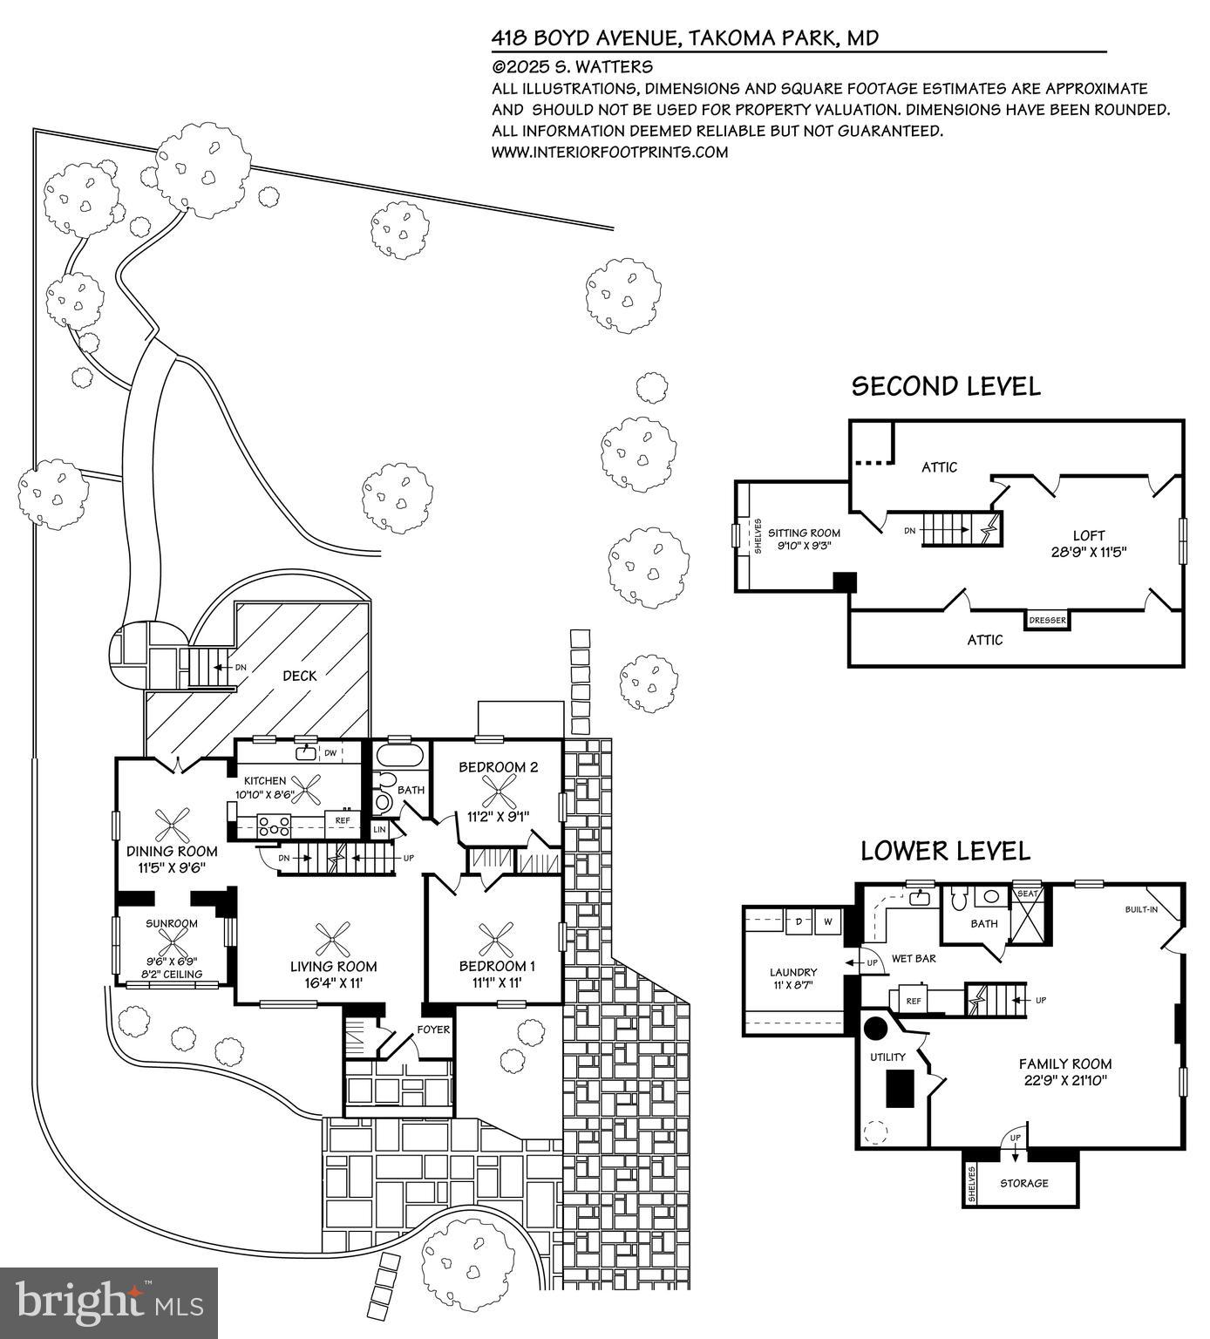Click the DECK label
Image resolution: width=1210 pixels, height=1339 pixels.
pyautogui.click(x=299, y=676)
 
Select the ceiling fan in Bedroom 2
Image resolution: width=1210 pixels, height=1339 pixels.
pyautogui.click(x=498, y=792)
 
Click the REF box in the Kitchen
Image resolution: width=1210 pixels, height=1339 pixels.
pyautogui.click(x=343, y=820)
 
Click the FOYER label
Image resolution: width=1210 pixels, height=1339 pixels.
pyautogui.click(x=433, y=1030)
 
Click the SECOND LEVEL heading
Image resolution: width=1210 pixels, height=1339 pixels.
pyautogui.click(x=945, y=386)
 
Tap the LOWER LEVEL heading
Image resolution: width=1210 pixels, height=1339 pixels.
pyautogui.click(x=945, y=851)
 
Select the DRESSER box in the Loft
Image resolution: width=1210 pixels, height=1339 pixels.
pyautogui.click(x=1047, y=620)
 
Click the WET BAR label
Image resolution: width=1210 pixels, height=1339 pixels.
pyautogui.click(x=913, y=958)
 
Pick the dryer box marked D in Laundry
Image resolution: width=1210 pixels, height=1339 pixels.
pyautogui.click(x=798, y=921)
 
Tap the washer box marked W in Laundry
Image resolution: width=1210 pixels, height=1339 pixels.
pyautogui.click(x=827, y=921)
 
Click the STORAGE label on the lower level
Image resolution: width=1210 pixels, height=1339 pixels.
pyautogui.click(x=1023, y=1183)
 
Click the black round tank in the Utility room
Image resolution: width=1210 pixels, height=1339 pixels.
pyautogui.click(x=874, y=1028)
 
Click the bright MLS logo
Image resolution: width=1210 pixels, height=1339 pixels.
pyautogui.click(x=109, y=1303)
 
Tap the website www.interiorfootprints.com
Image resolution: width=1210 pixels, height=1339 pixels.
pyautogui.click(x=609, y=152)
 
